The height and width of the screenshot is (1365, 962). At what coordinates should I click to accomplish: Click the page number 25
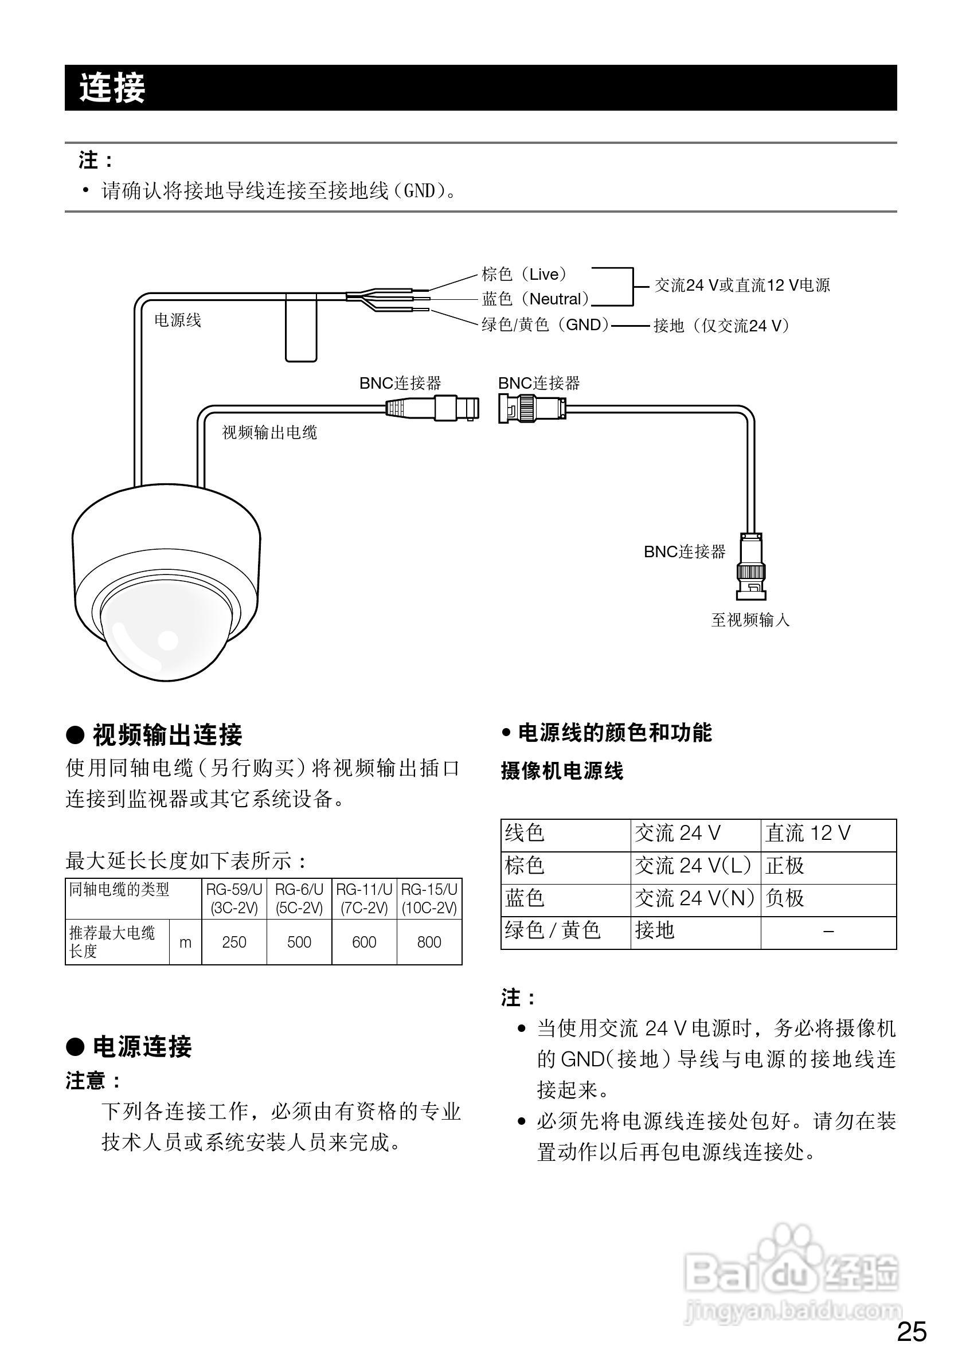tap(912, 1332)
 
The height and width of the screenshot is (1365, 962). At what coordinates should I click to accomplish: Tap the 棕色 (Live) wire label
tap(524, 274)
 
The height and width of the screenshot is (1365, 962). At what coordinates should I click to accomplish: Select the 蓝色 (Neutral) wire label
tap(535, 299)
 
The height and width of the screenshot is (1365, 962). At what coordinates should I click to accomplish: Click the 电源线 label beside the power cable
tap(178, 320)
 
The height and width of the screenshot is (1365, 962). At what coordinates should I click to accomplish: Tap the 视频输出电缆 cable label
tap(269, 432)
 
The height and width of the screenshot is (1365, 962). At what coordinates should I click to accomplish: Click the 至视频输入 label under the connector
tap(750, 620)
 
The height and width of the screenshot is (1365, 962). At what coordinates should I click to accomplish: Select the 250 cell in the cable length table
tap(234, 942)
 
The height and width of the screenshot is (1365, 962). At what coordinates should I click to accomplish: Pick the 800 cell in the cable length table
tap(429, 942)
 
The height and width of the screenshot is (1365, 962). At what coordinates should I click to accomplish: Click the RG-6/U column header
tap(299, 898)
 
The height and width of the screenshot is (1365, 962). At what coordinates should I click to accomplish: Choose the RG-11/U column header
tap(364, 898)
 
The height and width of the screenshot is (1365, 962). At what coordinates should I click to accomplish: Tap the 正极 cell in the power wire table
tap(785, 866)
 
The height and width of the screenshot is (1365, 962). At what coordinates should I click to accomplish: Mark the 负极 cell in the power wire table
tap(785, 898)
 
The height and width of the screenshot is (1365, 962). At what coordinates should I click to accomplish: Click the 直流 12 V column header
tap(807, 833)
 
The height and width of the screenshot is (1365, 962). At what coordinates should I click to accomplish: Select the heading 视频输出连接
tap(167, 735)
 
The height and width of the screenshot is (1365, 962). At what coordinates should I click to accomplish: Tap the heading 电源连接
tap(142, 1047)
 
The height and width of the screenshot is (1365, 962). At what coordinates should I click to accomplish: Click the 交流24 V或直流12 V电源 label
tap(742, 285)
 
